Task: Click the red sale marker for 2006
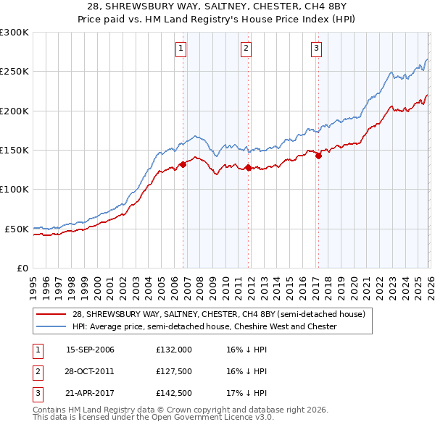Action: click(x=183, y=164)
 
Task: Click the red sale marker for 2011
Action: click(x=248, y=168)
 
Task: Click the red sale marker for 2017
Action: click(x=318, y=156)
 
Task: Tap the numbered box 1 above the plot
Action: click(x=181, y=48)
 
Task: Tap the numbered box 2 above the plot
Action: click(x=246, y=48)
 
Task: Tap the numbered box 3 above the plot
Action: click(x=317, y=48)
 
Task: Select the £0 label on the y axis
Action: click(x=22, y=268)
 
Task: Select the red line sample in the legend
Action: click(x=52, y=314)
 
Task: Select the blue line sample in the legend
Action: click(x=52, y=326)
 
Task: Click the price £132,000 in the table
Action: click(x=174, y=350)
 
